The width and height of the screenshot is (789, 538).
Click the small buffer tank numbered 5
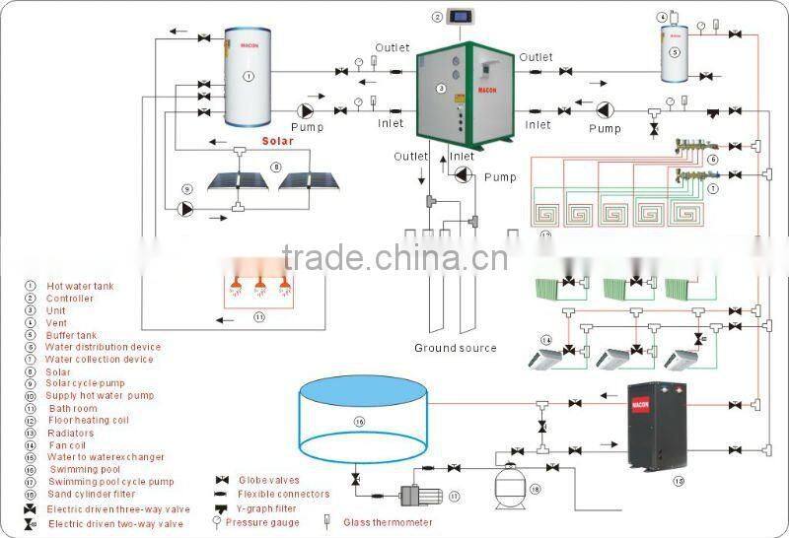point(675,51)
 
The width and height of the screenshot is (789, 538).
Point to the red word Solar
point(278,141)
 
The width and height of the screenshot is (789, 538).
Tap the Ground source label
point(455,348)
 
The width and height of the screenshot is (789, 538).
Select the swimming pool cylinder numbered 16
point(362,423)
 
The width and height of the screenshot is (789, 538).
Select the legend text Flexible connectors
point(284,494)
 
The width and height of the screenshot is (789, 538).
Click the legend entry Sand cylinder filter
point(90,494)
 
